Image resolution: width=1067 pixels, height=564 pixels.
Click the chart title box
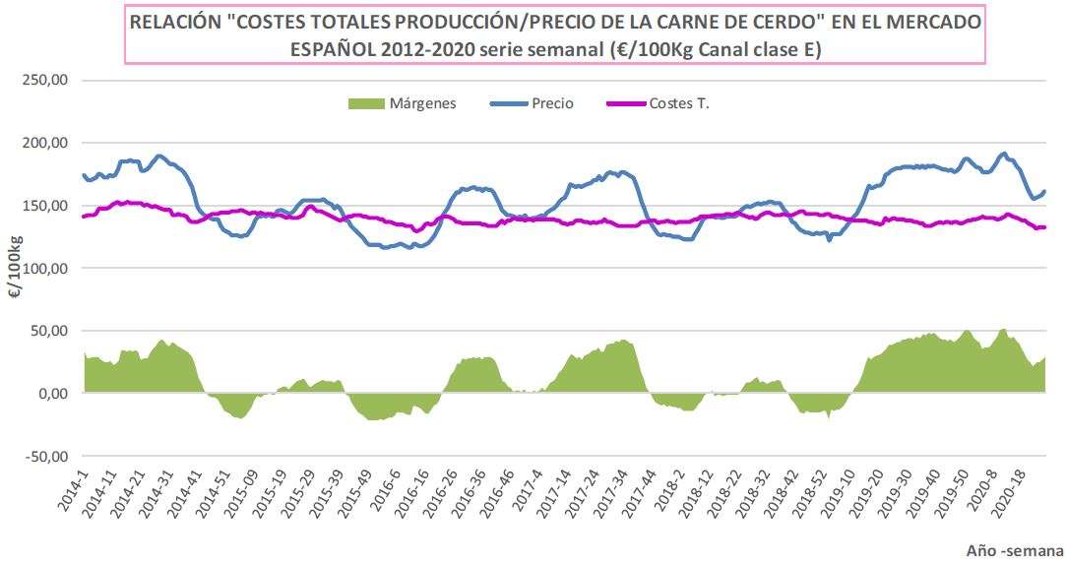click(554, 34)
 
